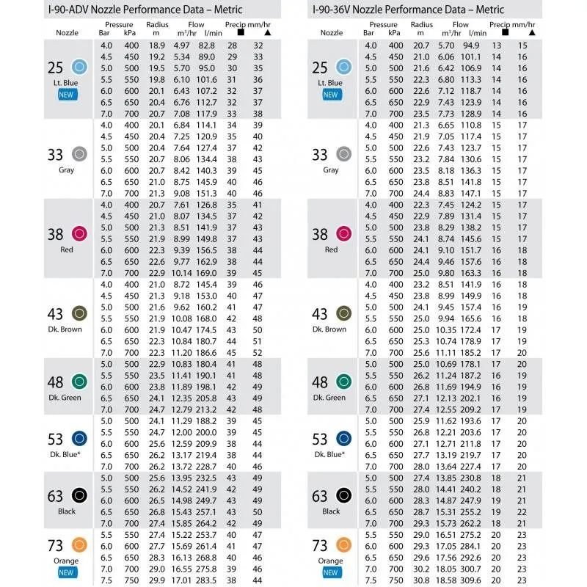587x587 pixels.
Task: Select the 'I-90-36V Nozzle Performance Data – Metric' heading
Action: click(407, 10)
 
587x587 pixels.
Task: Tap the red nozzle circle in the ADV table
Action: click(80, 234)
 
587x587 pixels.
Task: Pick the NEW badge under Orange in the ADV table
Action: click(67, 572)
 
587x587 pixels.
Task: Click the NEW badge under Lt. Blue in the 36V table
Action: click(331, 95)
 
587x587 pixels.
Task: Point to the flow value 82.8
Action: click(206, 45)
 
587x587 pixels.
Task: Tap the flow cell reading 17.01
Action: click(181, 580)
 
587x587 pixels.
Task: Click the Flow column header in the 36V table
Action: click(461, 25)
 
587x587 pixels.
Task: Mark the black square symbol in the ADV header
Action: click(241, 34)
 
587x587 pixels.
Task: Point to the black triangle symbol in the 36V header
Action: click(522, 34)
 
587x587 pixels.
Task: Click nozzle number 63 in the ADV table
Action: click(55, 497)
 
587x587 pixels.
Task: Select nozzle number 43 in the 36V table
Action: click(320, 314)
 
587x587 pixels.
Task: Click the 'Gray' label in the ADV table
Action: click(67, 170)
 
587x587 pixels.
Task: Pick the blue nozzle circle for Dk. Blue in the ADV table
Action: click(80, 439)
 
